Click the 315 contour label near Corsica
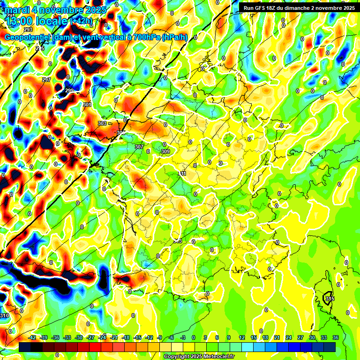330,299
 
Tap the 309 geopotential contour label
165,151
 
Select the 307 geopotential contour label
139,147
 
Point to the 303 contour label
102,123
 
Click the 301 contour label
87,105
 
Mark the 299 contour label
69,90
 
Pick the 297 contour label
46,80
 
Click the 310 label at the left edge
5,315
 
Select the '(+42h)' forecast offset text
82,21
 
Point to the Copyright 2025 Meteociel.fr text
199,357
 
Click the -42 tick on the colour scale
32,337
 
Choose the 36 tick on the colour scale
336,337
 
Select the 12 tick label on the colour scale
242,337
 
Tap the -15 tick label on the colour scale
137,337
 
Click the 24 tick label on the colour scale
289,337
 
